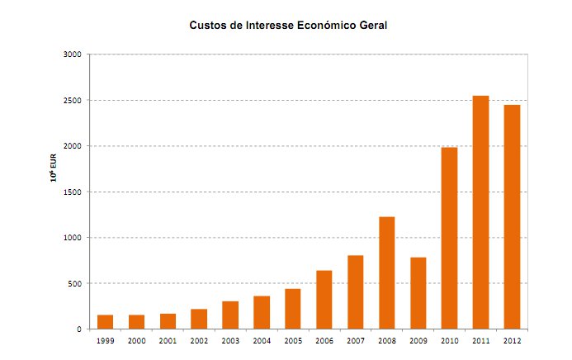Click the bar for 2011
pyautogui.click(x=480, y=212)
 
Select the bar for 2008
pyautogui.click(x=386, y=272)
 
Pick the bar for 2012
pyautogui.click(x=512, y=216)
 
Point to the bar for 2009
pyautogui.click(x=418, y=293)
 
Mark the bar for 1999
pyautogui.click(x=105, y=322)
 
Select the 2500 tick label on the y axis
pyautogui.click(x=73, y=101)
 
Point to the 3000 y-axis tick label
pyautogui.click(x=73, y=54)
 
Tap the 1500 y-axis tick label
pyautogui.click(x=73, y=192)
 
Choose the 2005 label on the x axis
pyautogui.click(x=293, y=339)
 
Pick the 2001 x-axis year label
pyautogui.click(x=168, y=339)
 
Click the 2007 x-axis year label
pyautogui.click(x=356, y=339)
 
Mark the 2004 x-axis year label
pyautogui.click(x=262, y=339)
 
